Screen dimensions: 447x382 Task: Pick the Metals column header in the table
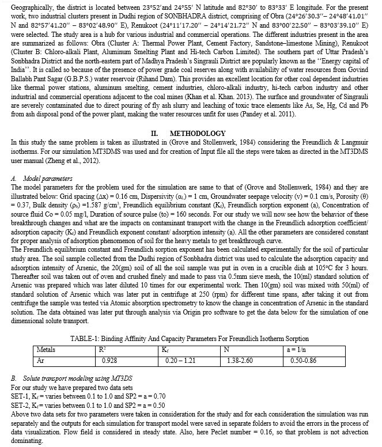tap(47, 349)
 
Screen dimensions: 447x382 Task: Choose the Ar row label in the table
tap(41, 360)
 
